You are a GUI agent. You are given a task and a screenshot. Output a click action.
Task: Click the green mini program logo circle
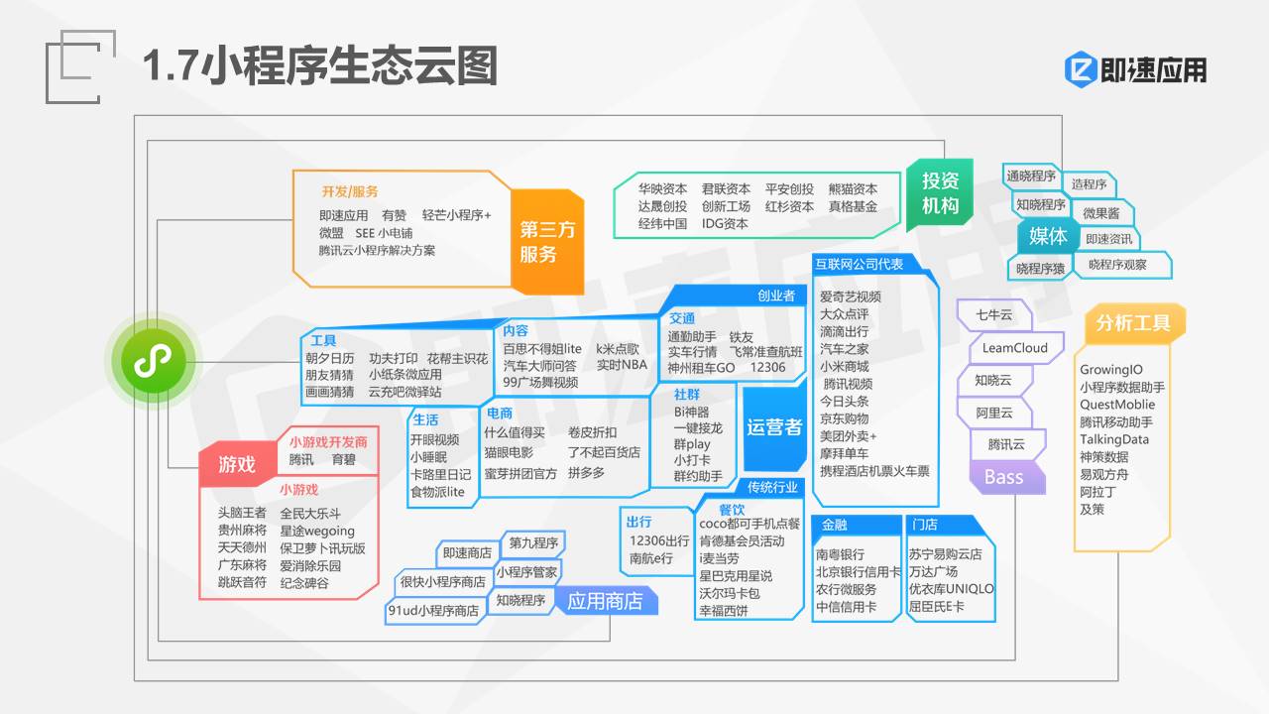click(154, 361)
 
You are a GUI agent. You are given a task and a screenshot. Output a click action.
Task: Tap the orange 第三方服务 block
click(547, 242)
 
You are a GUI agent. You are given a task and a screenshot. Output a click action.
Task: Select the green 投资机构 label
click(940, 193)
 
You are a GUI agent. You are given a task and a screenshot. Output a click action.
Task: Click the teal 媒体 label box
click(1048, 236)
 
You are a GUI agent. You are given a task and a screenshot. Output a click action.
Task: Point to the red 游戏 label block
click(237, 464)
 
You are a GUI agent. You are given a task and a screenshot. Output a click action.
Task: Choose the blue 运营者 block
click(774, 427)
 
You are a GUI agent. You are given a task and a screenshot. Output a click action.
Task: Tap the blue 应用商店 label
click(605, 601)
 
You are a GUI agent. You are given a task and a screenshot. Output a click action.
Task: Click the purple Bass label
click(1006, 477)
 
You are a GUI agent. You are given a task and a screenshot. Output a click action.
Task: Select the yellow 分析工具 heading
click(1133, 323)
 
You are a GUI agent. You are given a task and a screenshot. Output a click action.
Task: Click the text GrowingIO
click(1111, 370)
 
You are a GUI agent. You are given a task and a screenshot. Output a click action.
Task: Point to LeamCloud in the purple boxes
click(1014, 348)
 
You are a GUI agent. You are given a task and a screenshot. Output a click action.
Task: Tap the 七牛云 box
click(994, 315)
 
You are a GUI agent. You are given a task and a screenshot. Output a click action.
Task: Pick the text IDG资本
click(725, 224)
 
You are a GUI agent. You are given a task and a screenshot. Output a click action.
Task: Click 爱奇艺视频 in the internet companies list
click(851, 297)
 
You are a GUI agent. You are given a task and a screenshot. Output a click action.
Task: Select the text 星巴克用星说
click(736, 576)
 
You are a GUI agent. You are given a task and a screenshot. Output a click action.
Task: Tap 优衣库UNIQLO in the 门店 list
click(951, 589)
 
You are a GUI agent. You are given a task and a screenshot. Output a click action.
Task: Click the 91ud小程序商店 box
click(434, 611)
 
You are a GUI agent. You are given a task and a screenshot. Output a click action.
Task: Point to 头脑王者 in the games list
click(242, 513)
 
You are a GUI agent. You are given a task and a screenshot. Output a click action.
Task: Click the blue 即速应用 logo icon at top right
click(1082, 69)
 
